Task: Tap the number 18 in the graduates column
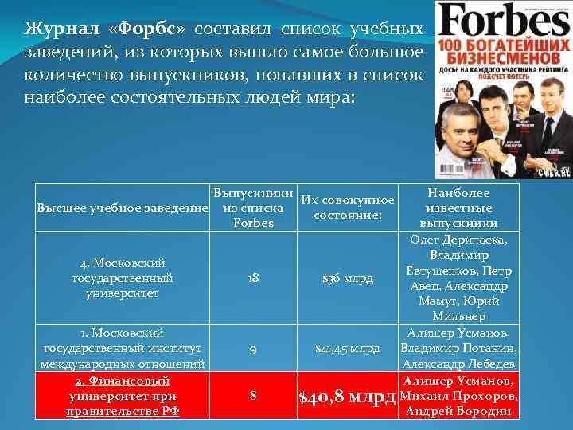coord(252,278)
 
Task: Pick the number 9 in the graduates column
coord(252,348)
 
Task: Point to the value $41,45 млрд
coord(348,348)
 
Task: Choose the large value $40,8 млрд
coord(347,395)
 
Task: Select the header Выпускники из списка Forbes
coord(253,208)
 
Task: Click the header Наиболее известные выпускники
coord(458,208)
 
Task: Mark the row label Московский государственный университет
coord(122,278)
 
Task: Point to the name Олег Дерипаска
coord(459,240)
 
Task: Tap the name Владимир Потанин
coord(459,348)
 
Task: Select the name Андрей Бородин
coord(459,411)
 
